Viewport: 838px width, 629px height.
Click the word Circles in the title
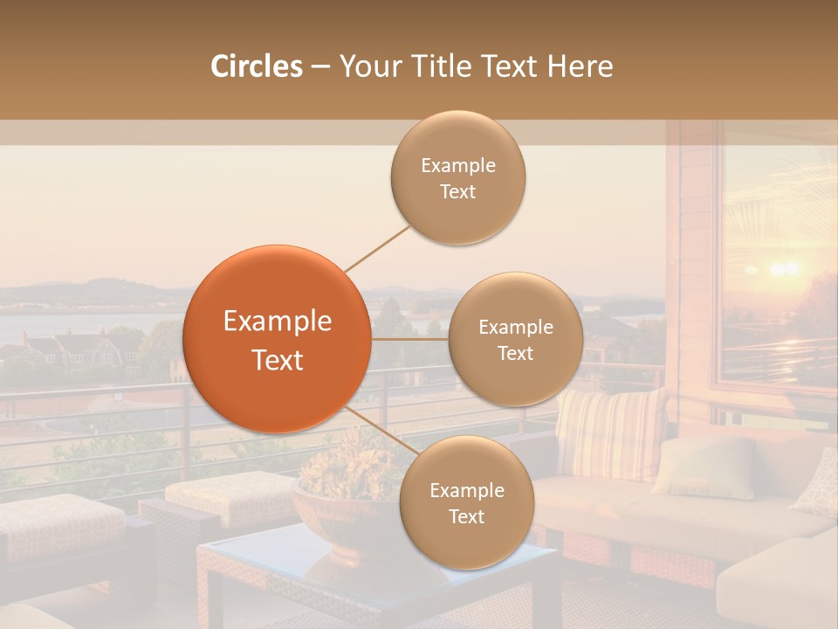(256, 66)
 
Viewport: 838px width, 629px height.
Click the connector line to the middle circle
(410, 339)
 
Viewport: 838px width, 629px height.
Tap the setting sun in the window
(783, 268)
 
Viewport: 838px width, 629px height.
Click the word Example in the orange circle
(277, 321)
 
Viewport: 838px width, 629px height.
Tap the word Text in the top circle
(457, 192)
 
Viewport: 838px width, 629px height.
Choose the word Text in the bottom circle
(466, 517)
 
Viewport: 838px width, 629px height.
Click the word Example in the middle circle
(515, 328)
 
